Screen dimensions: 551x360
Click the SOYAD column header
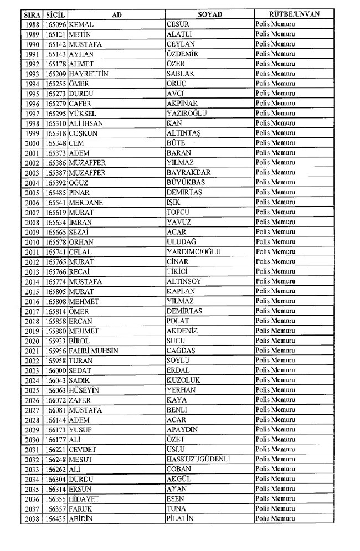coord(209,14)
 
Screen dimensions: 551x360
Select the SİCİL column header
coord(54,14)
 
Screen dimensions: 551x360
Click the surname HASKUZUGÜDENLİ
coord(198,459)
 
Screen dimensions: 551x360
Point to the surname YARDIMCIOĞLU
coord(194,251)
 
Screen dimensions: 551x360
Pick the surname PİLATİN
coord(181,518)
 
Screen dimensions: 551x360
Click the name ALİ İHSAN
coord(86,123)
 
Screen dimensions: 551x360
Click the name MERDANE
coord(86,202)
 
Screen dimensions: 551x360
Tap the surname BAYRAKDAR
coord(188,172)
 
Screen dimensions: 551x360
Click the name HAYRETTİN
coord(88,74)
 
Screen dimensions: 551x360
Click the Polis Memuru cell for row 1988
coord(275,24)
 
